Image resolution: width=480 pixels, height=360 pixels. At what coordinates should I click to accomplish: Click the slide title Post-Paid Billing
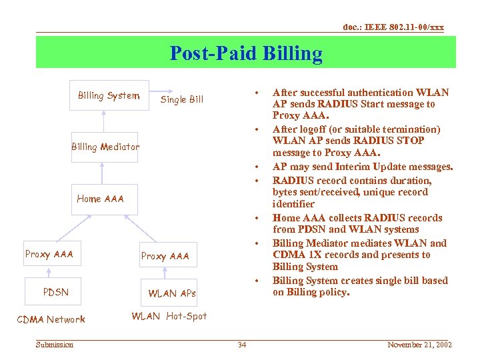point(246,53)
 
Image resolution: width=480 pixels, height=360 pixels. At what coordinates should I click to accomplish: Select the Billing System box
point(109,95)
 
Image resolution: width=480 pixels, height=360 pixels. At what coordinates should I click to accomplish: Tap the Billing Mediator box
point(105,147)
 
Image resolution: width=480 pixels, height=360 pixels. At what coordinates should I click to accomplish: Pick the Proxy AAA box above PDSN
point(49,254)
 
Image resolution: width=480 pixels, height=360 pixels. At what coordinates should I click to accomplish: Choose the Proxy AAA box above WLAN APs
point(165,256)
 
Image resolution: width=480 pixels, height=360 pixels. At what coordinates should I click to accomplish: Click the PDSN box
point(55,292)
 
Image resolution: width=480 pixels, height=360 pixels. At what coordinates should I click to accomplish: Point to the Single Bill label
point(182,99)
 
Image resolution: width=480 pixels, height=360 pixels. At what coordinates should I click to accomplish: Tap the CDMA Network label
point(51,319)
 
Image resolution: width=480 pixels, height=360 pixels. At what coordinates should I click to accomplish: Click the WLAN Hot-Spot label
point(169,316)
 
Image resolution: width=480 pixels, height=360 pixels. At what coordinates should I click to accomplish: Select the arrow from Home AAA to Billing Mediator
point(101,172)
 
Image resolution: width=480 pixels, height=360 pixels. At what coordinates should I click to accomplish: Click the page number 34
point(242,345)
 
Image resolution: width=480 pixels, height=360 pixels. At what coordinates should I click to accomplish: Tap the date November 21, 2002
point(420,345)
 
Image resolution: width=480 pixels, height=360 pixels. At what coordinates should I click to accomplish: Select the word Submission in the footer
point(55,345)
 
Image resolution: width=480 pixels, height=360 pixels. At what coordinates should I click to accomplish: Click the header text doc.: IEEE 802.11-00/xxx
point(393,27)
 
